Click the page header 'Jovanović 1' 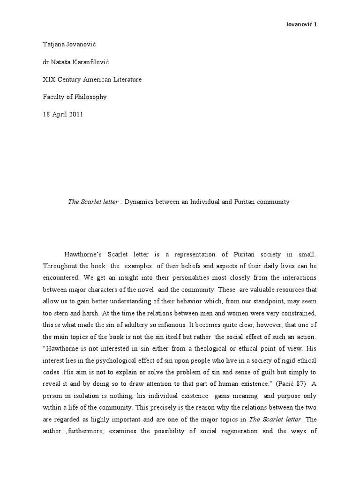[301, 24]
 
